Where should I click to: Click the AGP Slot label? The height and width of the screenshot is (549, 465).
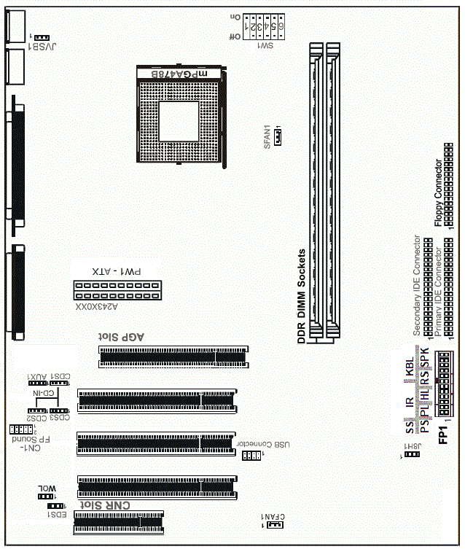[122, 337]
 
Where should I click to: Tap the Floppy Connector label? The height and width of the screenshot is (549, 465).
[437, 193]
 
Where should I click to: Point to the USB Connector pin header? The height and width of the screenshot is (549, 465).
[251, 456]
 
